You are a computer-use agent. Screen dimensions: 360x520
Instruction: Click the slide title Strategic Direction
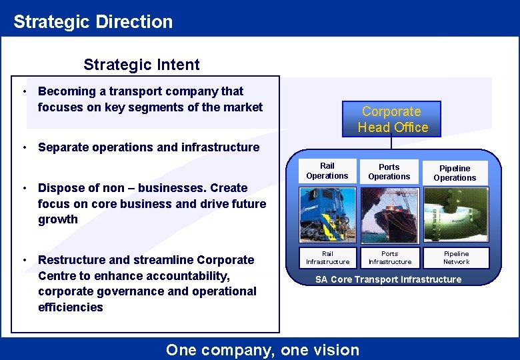[93, 21]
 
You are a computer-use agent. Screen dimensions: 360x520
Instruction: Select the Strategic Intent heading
[141, 65]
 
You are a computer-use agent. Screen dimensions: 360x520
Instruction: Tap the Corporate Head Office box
[392, 119]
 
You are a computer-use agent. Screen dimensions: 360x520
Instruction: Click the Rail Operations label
[327, 171]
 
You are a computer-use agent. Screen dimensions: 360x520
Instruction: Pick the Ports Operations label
[389, 172]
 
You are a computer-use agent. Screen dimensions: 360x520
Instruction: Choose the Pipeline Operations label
[455, 173]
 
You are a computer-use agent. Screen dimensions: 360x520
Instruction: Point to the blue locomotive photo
[327, 214]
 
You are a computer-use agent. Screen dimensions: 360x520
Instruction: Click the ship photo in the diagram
[389, 215]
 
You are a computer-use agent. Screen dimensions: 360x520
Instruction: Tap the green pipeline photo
[457, 215]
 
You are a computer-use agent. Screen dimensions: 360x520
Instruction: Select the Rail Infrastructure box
[327, 258]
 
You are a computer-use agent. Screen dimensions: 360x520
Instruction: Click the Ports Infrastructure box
[389, 258]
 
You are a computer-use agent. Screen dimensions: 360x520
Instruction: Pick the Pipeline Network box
[457, 258]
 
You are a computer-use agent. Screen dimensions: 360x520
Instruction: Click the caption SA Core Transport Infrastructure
[388, 279]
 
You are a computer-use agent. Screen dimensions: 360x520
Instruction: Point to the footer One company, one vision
[263, 349]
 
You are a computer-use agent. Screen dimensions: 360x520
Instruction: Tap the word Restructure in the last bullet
[71, 260]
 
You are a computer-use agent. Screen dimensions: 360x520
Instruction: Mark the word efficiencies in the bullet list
[71, 307]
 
